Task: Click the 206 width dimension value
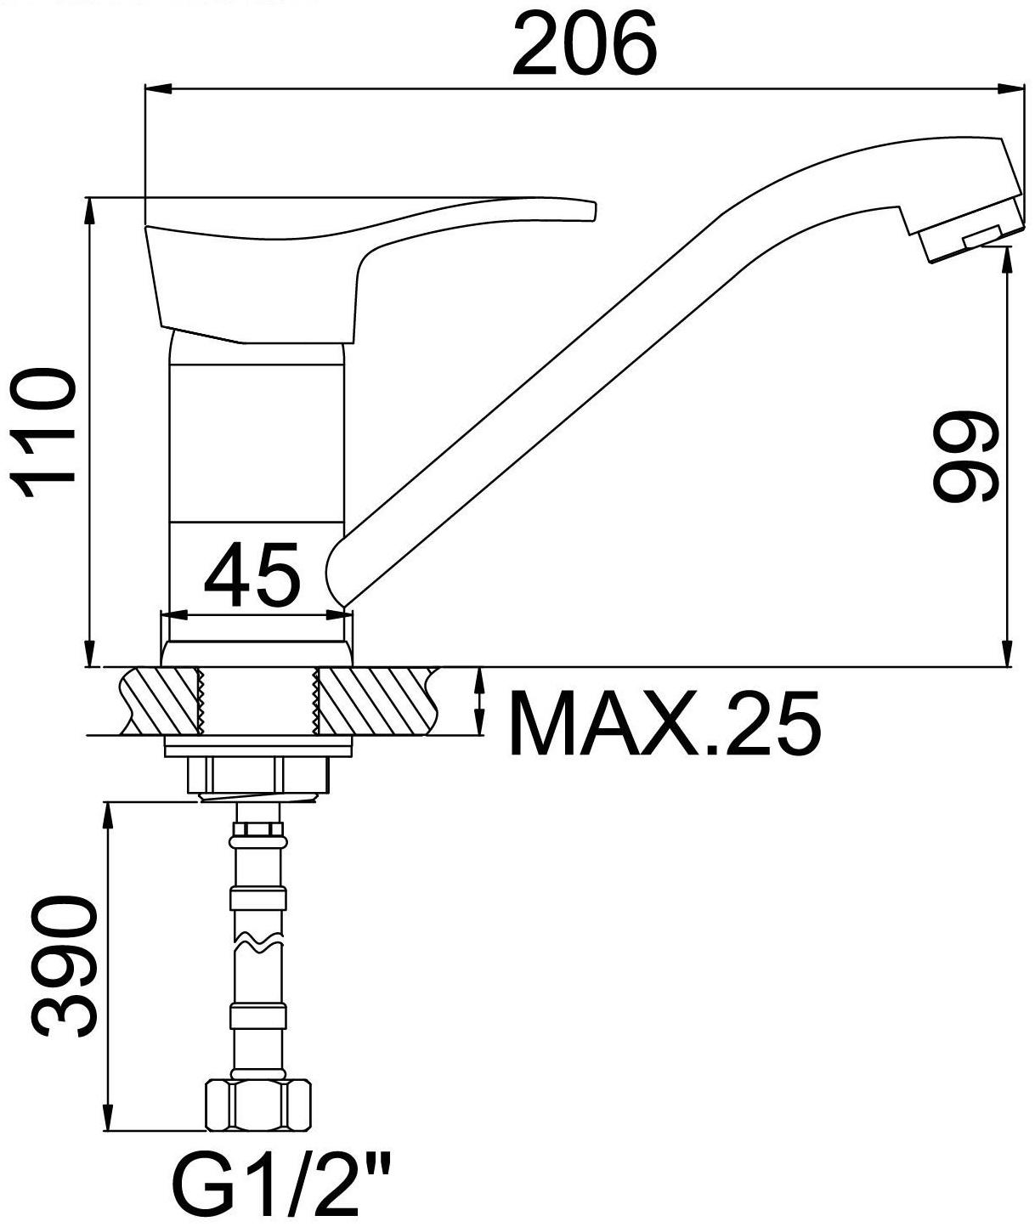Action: [585, 45]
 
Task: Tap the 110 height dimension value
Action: [42, 433]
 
